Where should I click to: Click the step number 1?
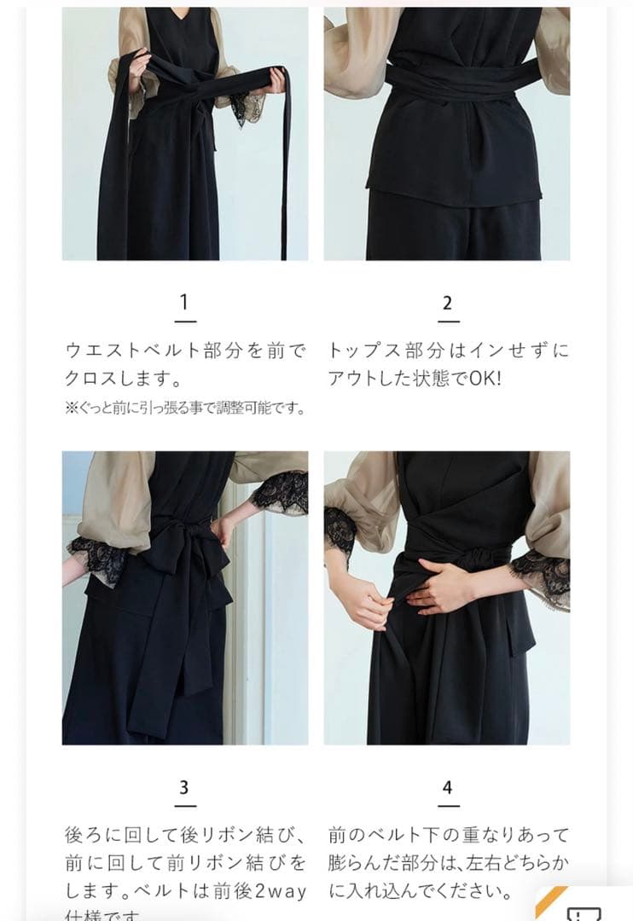point(184,303)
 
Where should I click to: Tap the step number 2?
point(448,303)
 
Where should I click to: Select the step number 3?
point(184,787)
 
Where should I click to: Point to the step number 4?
point(448,787)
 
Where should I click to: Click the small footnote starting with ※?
point(184,408)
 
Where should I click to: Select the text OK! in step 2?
point(485,378)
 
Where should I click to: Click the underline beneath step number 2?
point(448,321)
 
